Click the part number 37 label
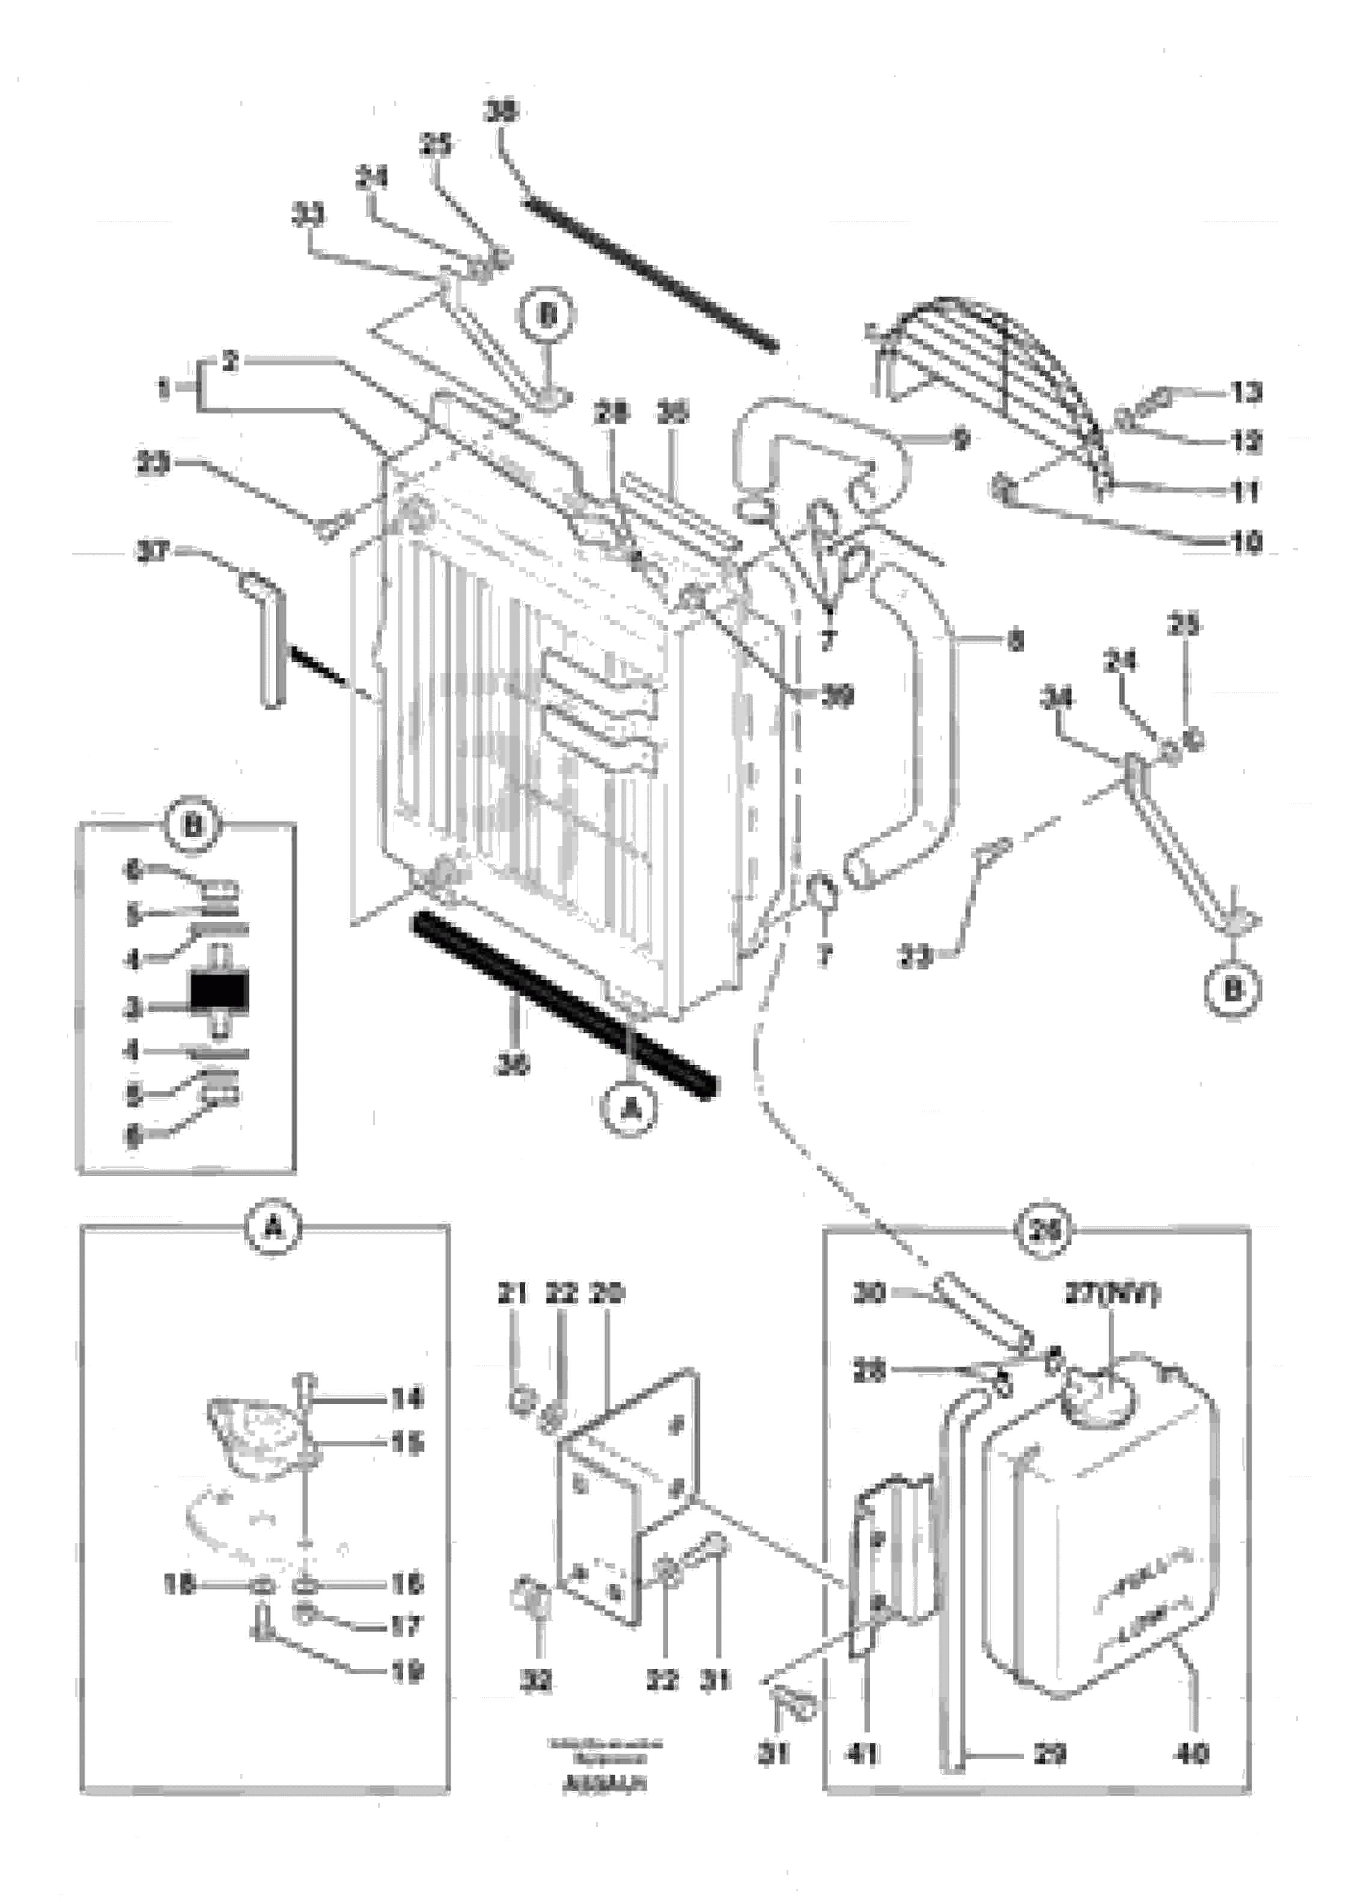click(153, 552)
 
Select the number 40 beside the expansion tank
click(1191, 1752)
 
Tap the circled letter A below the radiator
click(629, 1109)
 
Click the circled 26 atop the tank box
click(1044, 1230)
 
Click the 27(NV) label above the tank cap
click(1112, 1294)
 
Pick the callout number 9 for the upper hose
click(961, 438)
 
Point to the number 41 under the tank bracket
click(862, 1752)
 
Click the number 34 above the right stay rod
click(1058, 696)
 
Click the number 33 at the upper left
click(309, 216)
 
